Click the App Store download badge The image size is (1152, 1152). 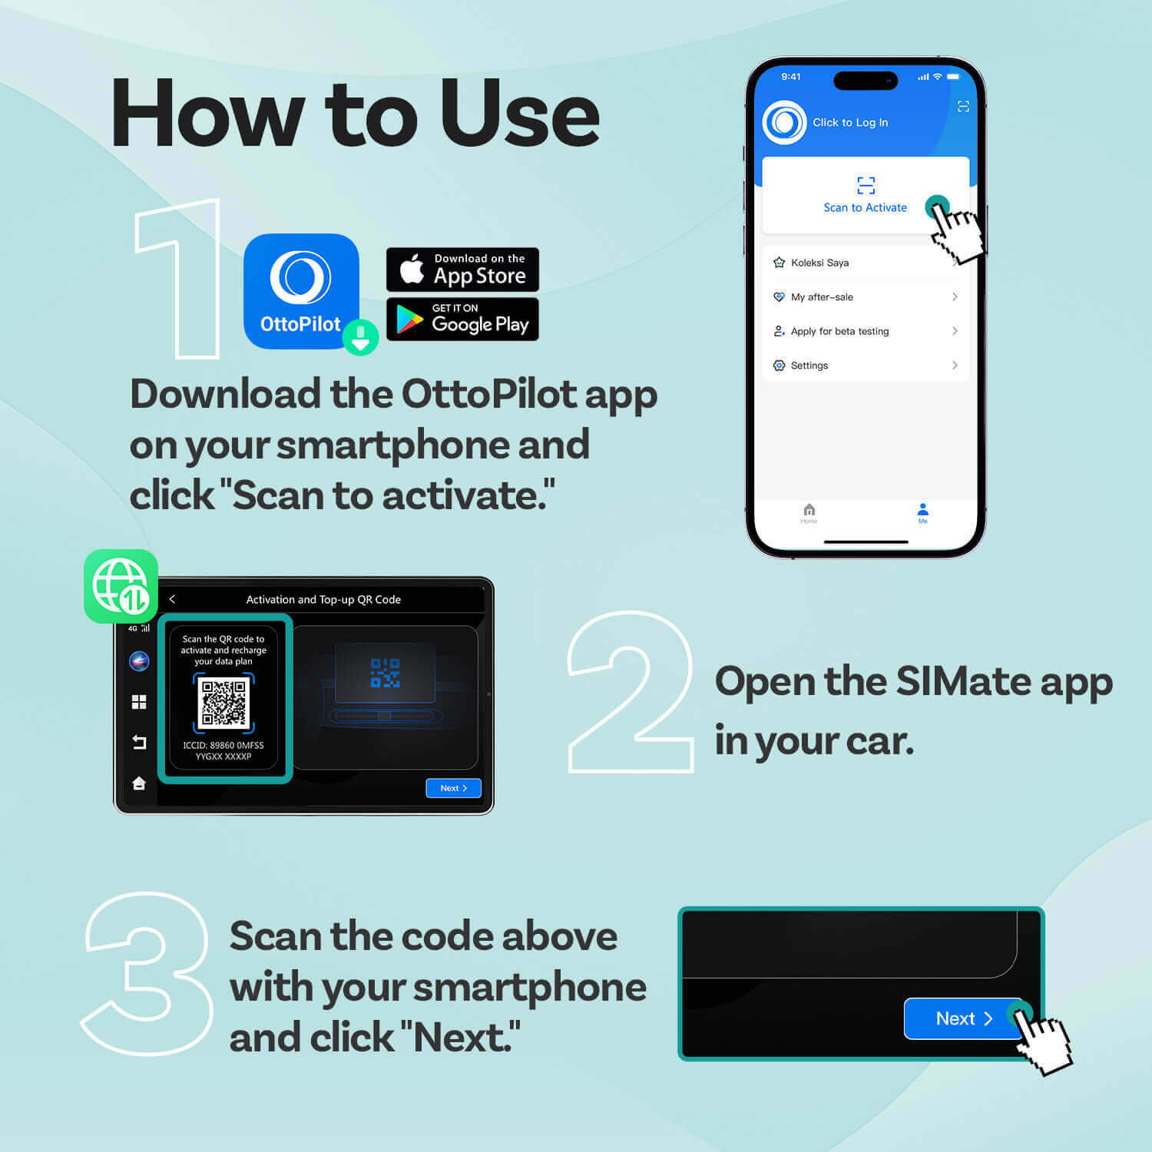coord(462,270)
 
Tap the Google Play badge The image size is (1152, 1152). coord(462,319)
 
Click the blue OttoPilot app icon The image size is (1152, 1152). coord(300,290)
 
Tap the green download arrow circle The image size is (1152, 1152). coord(360,337)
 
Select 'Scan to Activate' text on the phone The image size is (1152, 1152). coord(865,207)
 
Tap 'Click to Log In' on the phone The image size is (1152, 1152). coord(849,122)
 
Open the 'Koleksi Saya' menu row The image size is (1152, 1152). coord(865,263)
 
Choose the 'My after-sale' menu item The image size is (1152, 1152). coord(865,297)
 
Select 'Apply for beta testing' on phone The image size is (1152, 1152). coord(865,331)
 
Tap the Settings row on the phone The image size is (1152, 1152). coord(865,366)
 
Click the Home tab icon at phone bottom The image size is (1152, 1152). coord(809,512)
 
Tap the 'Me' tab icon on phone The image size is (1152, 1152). coord(922,512)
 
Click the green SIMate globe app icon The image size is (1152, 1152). coord(121,586)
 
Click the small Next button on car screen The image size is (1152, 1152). coord(453,788)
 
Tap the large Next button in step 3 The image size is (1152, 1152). coord(963,1018)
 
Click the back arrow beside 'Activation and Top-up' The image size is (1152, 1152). coord(172,599)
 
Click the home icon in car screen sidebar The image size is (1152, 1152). coord(139,783)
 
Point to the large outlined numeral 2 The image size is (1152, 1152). coord(631,692)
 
